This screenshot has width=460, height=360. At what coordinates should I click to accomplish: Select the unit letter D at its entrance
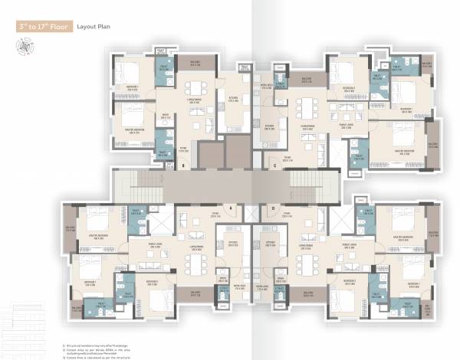273,207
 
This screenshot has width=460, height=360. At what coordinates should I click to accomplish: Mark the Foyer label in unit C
287,157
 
